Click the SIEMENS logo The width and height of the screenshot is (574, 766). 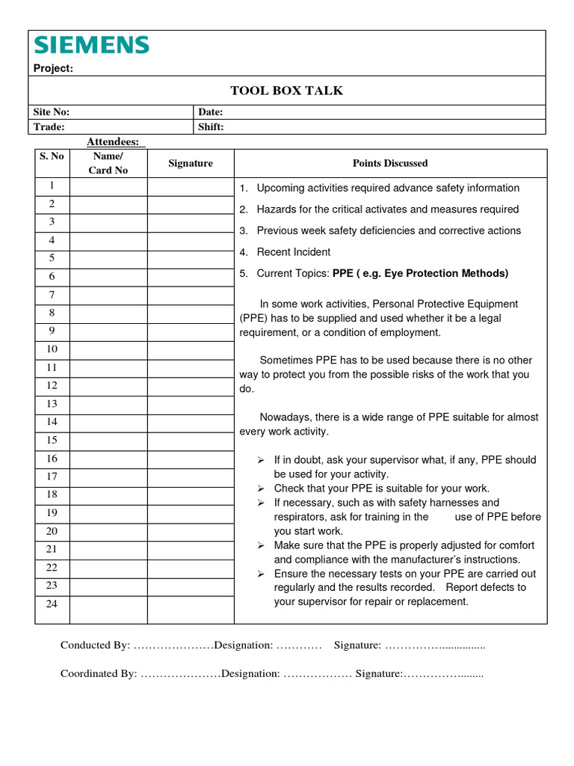(91, 46)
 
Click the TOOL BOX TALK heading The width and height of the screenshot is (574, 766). (286, 91)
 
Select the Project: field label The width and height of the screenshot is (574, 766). (53, 69)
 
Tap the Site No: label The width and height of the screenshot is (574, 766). (52, 111)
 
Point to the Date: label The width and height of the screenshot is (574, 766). (211, 111)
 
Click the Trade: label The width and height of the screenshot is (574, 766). (49, 126)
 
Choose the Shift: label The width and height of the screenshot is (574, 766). (211, 126)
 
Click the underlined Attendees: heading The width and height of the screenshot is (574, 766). (116, 141)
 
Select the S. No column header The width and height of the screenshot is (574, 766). (52, 156)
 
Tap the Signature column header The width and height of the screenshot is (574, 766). (191, 163)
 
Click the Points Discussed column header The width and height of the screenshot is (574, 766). (390, 163)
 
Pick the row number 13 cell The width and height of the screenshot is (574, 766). (52, 404)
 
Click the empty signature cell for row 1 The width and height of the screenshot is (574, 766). (191, 186)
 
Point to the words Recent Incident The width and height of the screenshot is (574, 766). (293, 252)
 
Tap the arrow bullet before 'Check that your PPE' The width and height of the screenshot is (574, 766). (262, 488)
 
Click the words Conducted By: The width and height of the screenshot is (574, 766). (95, 645)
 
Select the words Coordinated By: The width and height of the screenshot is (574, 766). (99, 673)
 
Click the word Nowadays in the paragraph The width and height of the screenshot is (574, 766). (286, 417)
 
